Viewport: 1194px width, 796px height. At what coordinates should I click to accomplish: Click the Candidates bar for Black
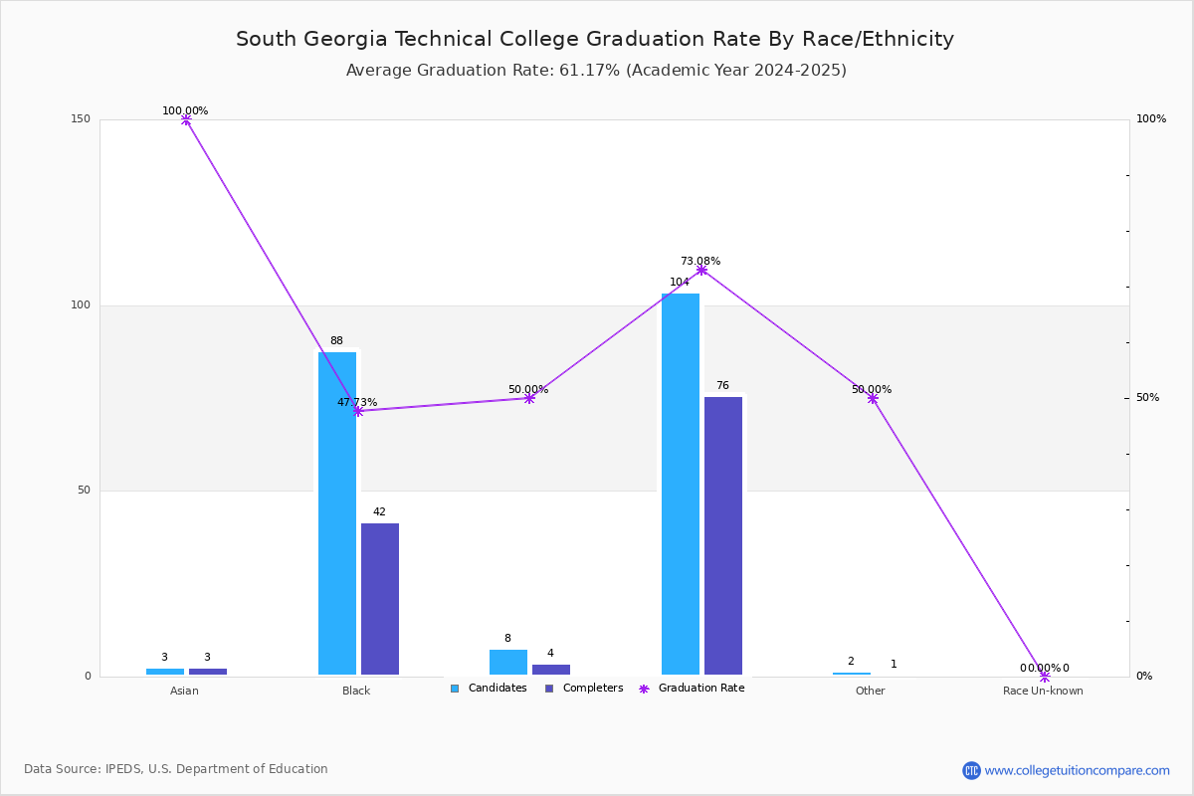[337, 513]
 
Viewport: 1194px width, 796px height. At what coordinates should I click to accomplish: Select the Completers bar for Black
[380, 599]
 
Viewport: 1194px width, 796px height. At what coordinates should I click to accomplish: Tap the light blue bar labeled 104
[681, 484]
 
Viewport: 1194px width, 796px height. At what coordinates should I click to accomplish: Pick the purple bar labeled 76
[723, 535]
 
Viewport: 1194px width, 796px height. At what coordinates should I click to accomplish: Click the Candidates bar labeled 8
[508, 663]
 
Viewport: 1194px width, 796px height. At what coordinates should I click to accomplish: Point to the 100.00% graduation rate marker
[186, 119]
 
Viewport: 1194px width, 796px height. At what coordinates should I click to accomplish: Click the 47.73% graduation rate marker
[357, 411]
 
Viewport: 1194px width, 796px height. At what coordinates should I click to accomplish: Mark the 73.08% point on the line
[701, 270]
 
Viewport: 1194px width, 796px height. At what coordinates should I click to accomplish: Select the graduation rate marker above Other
[873, 398]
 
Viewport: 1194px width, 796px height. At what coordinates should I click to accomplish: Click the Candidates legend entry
[489, 689]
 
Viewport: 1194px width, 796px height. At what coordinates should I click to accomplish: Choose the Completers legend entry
[584, 689]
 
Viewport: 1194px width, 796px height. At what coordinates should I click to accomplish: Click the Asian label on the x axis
[184, 691]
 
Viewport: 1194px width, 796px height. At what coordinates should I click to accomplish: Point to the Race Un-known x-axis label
[1043, 691]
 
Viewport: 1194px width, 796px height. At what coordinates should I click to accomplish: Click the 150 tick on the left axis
[81, 119]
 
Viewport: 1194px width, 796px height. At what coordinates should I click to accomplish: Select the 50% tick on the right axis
[1147, 398]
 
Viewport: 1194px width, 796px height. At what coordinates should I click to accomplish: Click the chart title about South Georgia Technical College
[595, 39]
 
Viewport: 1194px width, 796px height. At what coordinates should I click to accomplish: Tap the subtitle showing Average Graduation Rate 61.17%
[596, 71]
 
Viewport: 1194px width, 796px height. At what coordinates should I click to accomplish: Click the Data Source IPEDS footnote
[176, 769]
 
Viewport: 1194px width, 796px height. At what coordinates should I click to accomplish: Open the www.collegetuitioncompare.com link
[1077, 770]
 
